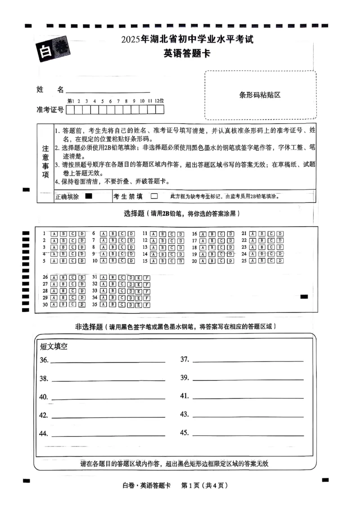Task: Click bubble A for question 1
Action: pyautogui.click(x=54, y=234)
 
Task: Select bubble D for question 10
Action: pyautogui.click(x=131, y=261)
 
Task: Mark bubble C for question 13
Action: pyautogui.click(x=171, y=247)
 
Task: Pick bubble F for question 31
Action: pyautogui.click(x=147, y=277)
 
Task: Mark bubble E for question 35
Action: pyautogui.click(x=139, y=304)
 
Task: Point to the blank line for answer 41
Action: pyautogui.click(x=247, y=397)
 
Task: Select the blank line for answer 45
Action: pyautogui.click(x=247, y=434)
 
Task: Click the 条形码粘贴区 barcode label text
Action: pyautogui.click(x=260, y=95)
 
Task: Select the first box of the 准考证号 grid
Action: pyautogui.click(x=71, y=109)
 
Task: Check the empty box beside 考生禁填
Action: pyautogui.click(x=154, y=196)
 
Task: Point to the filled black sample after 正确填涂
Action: pyautogui.click(x=89, y=196)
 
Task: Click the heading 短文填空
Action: pyautogui.click(x=54, y=347)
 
